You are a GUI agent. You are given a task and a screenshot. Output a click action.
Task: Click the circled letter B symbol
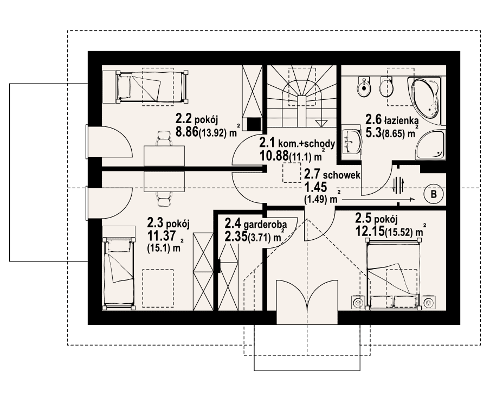point(434,194)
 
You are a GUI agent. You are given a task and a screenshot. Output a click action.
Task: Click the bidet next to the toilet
point(364,87)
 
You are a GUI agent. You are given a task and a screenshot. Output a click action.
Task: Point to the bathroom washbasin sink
point(352,142)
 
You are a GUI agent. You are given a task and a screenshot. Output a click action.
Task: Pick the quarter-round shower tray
point(429,144)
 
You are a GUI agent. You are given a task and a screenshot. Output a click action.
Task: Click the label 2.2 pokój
point(197,119)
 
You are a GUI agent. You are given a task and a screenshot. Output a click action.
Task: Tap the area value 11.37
point(161,235)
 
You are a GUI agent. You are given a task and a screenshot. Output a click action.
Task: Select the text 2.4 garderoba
point(256,224)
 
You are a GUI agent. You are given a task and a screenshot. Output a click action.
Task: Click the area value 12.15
point(370,231)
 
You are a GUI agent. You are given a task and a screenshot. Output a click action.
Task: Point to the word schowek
point(342,175)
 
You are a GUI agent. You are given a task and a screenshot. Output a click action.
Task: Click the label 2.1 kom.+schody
point(297,143)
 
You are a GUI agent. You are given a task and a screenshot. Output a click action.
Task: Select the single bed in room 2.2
point(152,86)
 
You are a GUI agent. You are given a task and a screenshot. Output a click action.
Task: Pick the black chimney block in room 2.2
point(254,124)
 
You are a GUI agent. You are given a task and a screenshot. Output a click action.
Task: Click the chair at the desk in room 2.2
point(164,138)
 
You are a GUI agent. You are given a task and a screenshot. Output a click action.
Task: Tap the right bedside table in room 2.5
point(429,302)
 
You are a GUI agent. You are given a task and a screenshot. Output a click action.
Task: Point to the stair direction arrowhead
point(321,122)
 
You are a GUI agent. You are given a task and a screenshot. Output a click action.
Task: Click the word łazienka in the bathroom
point(402,120)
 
